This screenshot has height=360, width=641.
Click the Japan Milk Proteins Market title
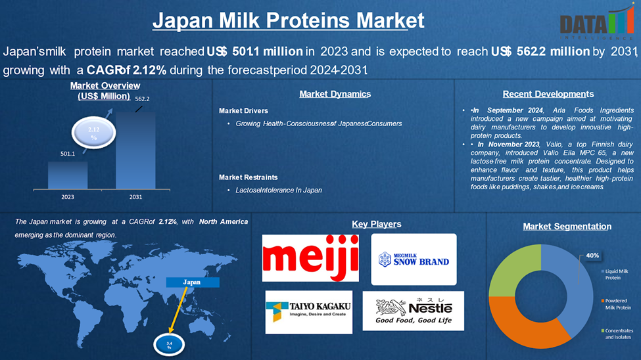(288, 20)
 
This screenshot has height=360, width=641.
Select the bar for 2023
(68, 175)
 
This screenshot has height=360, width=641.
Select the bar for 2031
(135, 150)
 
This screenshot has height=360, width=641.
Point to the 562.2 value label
(142, 99)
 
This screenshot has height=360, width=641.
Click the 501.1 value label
(68, 154)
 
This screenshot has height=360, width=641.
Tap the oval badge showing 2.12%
(93, 133)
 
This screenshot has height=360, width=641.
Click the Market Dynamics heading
(335, 94)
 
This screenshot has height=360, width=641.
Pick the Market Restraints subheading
(248, 177)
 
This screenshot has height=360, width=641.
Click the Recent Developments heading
(548, 94)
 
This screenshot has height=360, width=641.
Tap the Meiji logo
(310, 258)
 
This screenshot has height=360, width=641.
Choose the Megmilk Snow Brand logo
(414, 259)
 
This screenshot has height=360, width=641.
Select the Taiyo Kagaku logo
(308, 312)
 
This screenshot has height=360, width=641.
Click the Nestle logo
(414, 311)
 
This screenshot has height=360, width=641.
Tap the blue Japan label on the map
(192, 282)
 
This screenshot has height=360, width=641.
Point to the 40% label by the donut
(592, 256)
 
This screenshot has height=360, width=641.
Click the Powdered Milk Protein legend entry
(616, 304)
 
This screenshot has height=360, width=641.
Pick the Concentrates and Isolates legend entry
(617, 334)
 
